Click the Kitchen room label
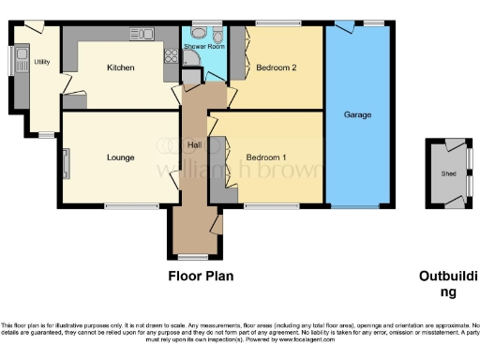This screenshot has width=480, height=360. click(120, 67)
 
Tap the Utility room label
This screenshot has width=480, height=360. click(41, 62)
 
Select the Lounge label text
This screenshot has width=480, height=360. click(119, 157)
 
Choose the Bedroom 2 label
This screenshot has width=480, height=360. click(277, 67)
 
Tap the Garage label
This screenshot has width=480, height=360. click(357, 114)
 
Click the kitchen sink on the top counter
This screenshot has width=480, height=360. click(143, 35)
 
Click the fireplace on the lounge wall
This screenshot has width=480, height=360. click(66, 163)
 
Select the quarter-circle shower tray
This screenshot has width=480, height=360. click(189, 59)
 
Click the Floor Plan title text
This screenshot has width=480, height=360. click(201, 276)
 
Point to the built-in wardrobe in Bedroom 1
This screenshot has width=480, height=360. click(221, 169)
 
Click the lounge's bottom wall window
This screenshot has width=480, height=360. click(123, 206)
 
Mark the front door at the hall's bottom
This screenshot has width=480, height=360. click(194, 256)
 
